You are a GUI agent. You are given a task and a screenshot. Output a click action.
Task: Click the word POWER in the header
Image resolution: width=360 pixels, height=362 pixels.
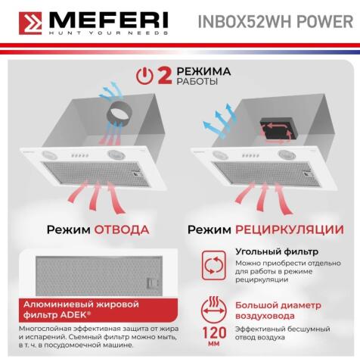[327, 20]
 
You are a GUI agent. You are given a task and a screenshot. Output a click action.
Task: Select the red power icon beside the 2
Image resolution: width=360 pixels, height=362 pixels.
[144, 75]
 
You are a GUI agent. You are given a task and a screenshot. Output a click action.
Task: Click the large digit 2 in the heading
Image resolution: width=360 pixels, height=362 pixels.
[164, 75]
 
